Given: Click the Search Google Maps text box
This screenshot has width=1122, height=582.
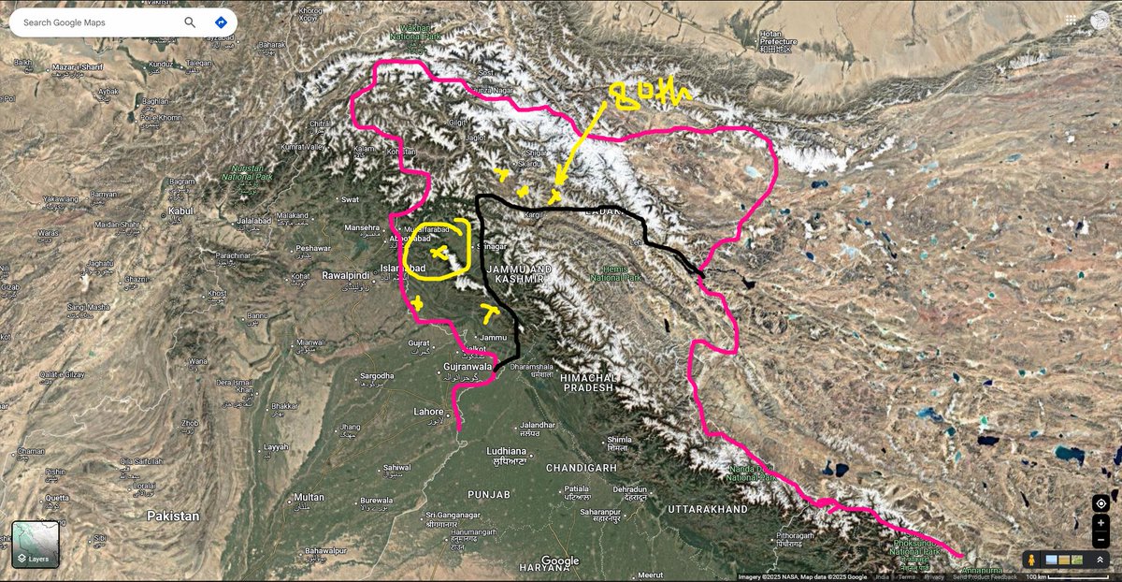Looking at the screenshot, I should [93, 22].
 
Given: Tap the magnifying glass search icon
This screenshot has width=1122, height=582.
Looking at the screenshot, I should [191, 22].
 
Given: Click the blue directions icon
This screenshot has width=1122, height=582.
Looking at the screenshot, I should [221, 22].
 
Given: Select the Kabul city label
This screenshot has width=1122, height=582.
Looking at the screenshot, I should [180, 211].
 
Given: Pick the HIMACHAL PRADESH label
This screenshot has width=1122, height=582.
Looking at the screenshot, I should [586, 381].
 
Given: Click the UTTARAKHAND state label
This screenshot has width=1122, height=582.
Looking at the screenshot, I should [708, 509].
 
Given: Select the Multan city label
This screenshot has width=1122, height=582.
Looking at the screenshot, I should [309, 497].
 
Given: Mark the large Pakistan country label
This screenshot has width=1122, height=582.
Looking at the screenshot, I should [172, 516].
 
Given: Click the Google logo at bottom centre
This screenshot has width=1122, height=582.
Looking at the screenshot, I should [560, 561].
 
